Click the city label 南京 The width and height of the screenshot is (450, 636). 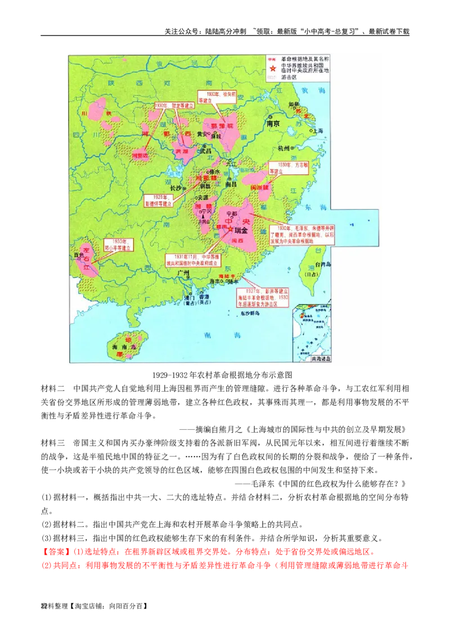click(273, 123)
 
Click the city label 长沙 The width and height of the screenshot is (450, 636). click(175, 188)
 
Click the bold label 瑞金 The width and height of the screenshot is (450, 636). click(241, 230)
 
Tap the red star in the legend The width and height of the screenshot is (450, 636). click(272, 69)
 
